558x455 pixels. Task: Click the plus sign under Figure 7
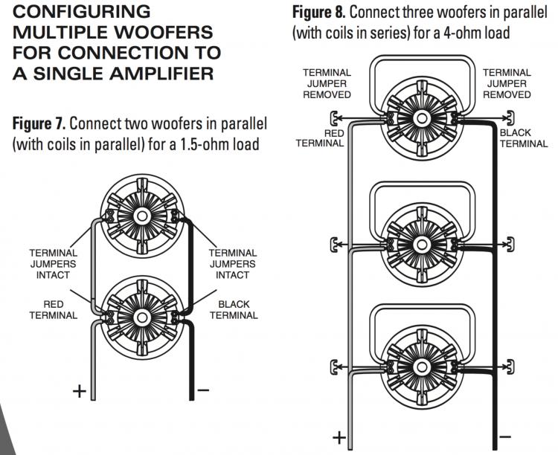coord(79,391)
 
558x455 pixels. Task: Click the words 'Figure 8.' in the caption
coord(317,13)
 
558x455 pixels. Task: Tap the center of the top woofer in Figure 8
coord(421,118)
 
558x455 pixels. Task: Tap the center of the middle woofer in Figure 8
coord(421,242)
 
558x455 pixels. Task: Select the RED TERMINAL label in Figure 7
coord(53,309)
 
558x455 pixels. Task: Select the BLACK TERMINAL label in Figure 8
coord(524,138)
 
